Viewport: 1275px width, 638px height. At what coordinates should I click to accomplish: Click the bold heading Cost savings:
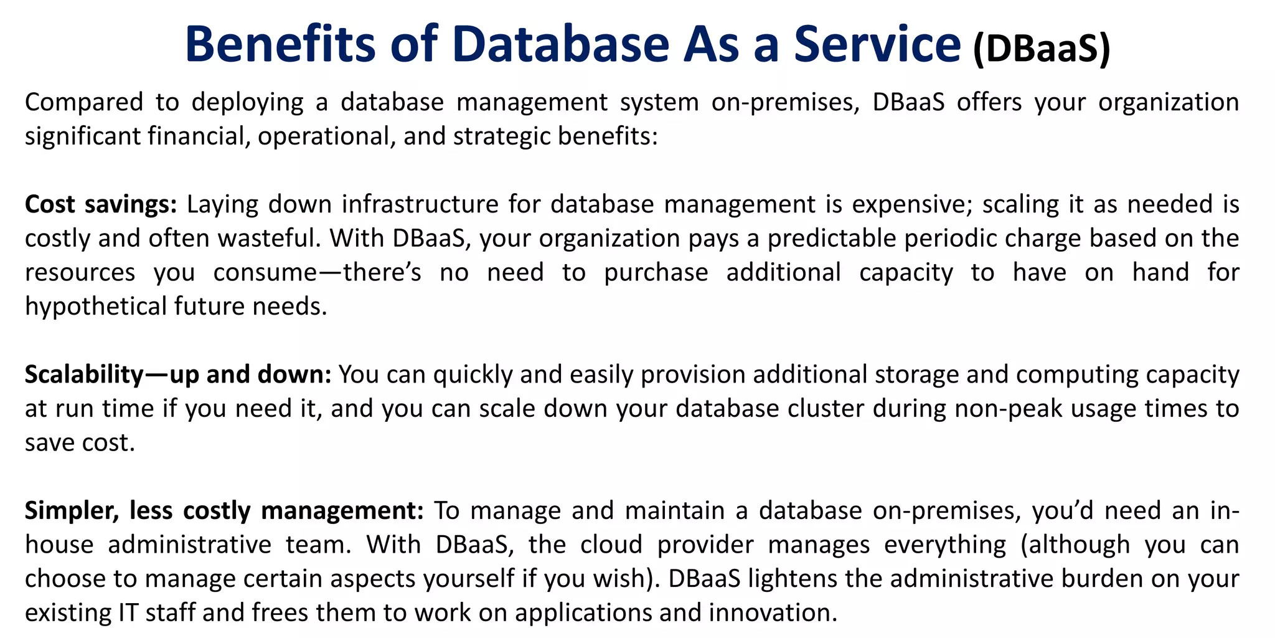point(101,204)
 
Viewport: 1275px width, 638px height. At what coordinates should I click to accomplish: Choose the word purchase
point(656,272)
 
